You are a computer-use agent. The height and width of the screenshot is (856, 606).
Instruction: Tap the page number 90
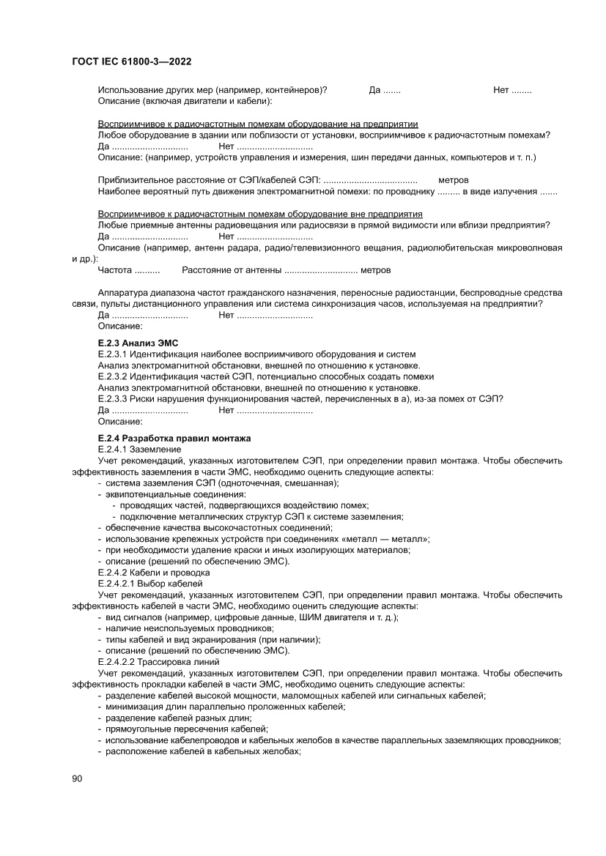77,778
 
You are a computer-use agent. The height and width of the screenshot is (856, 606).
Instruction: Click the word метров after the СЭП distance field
453,180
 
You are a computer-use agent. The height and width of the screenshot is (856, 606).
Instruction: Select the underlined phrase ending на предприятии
258,124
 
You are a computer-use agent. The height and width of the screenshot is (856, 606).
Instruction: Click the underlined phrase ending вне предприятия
260,214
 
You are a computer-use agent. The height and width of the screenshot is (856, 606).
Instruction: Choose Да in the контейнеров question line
375,90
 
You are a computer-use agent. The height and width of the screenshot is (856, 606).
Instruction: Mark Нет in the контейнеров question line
501,90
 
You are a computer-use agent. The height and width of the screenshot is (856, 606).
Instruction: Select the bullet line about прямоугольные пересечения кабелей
187,729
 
